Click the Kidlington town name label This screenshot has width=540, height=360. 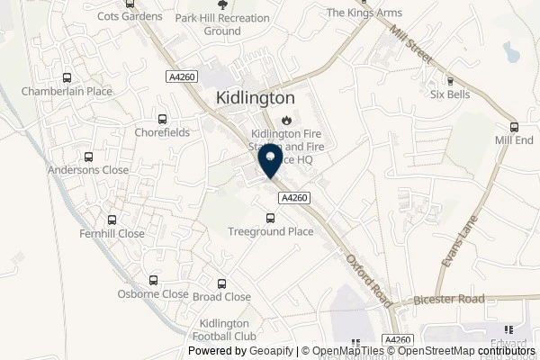(x=256, y=98)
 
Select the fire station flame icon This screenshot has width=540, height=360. (x=287, y=119)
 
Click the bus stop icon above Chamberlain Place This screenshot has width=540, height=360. (x=67, y=77)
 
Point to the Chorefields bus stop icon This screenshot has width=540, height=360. (x=162, y=119)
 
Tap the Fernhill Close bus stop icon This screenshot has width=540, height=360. (x=112, y=220)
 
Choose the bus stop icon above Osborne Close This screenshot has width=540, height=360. (x=153, y=280)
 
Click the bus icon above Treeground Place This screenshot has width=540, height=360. (x=270, y=218)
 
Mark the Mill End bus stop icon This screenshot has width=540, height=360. (x=514, y=127)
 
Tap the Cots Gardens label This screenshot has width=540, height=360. (x=130, y=16)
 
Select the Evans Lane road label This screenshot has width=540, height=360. (x=457, y=236)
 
